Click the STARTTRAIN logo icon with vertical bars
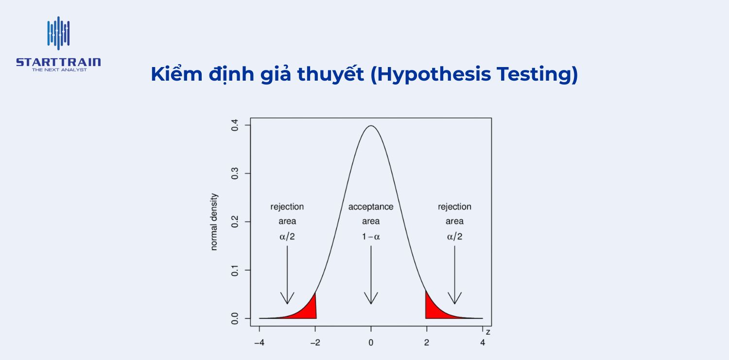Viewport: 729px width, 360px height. pos(58,33)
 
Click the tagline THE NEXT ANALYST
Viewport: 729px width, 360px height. pos(59,70)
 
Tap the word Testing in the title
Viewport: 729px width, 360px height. pos(534,75)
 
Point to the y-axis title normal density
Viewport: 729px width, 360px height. pos(213,222)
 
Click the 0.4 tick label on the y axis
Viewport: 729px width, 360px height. pos(235,125)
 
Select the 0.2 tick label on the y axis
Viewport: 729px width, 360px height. pos(235,222)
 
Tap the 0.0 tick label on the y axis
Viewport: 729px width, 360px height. pos(235,319)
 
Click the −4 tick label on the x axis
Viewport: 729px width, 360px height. pos(260,343)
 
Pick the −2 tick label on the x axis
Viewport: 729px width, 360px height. pos(315,343)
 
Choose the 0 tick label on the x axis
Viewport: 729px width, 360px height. pos(371,343)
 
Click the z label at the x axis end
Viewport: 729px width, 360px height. pos(488,332)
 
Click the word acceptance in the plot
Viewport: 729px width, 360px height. pos(371,207)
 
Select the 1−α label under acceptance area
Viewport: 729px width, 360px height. pos(371,237)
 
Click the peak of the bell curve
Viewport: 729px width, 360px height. pos(371,125)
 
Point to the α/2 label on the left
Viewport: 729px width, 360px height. pos(287,237)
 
